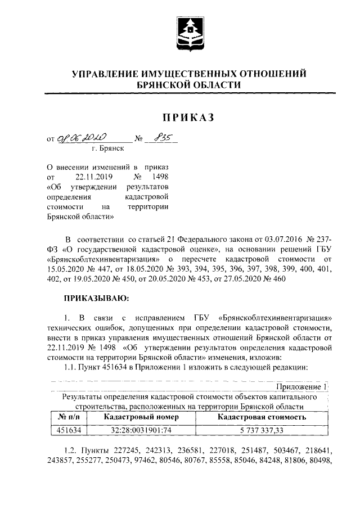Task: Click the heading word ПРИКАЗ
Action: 189,117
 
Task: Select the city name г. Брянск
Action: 108,149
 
